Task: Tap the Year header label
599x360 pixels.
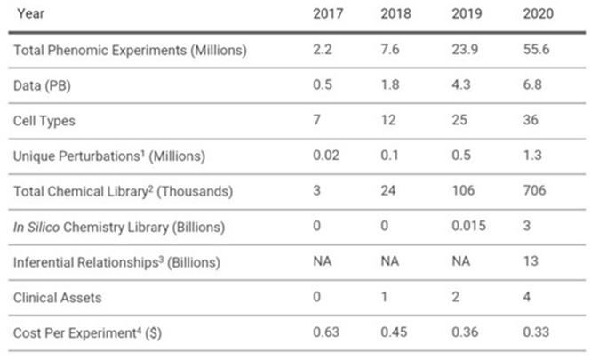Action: pos(31,13)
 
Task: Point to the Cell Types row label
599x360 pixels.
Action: pos(45,120)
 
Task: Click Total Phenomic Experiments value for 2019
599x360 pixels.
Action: pos(465,50)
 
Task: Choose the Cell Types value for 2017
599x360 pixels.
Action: pos(318,120)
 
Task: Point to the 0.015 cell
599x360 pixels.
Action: pos(469,226)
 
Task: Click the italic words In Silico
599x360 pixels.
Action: pos(38,227)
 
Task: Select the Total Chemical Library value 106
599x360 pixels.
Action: pos(464,190)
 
